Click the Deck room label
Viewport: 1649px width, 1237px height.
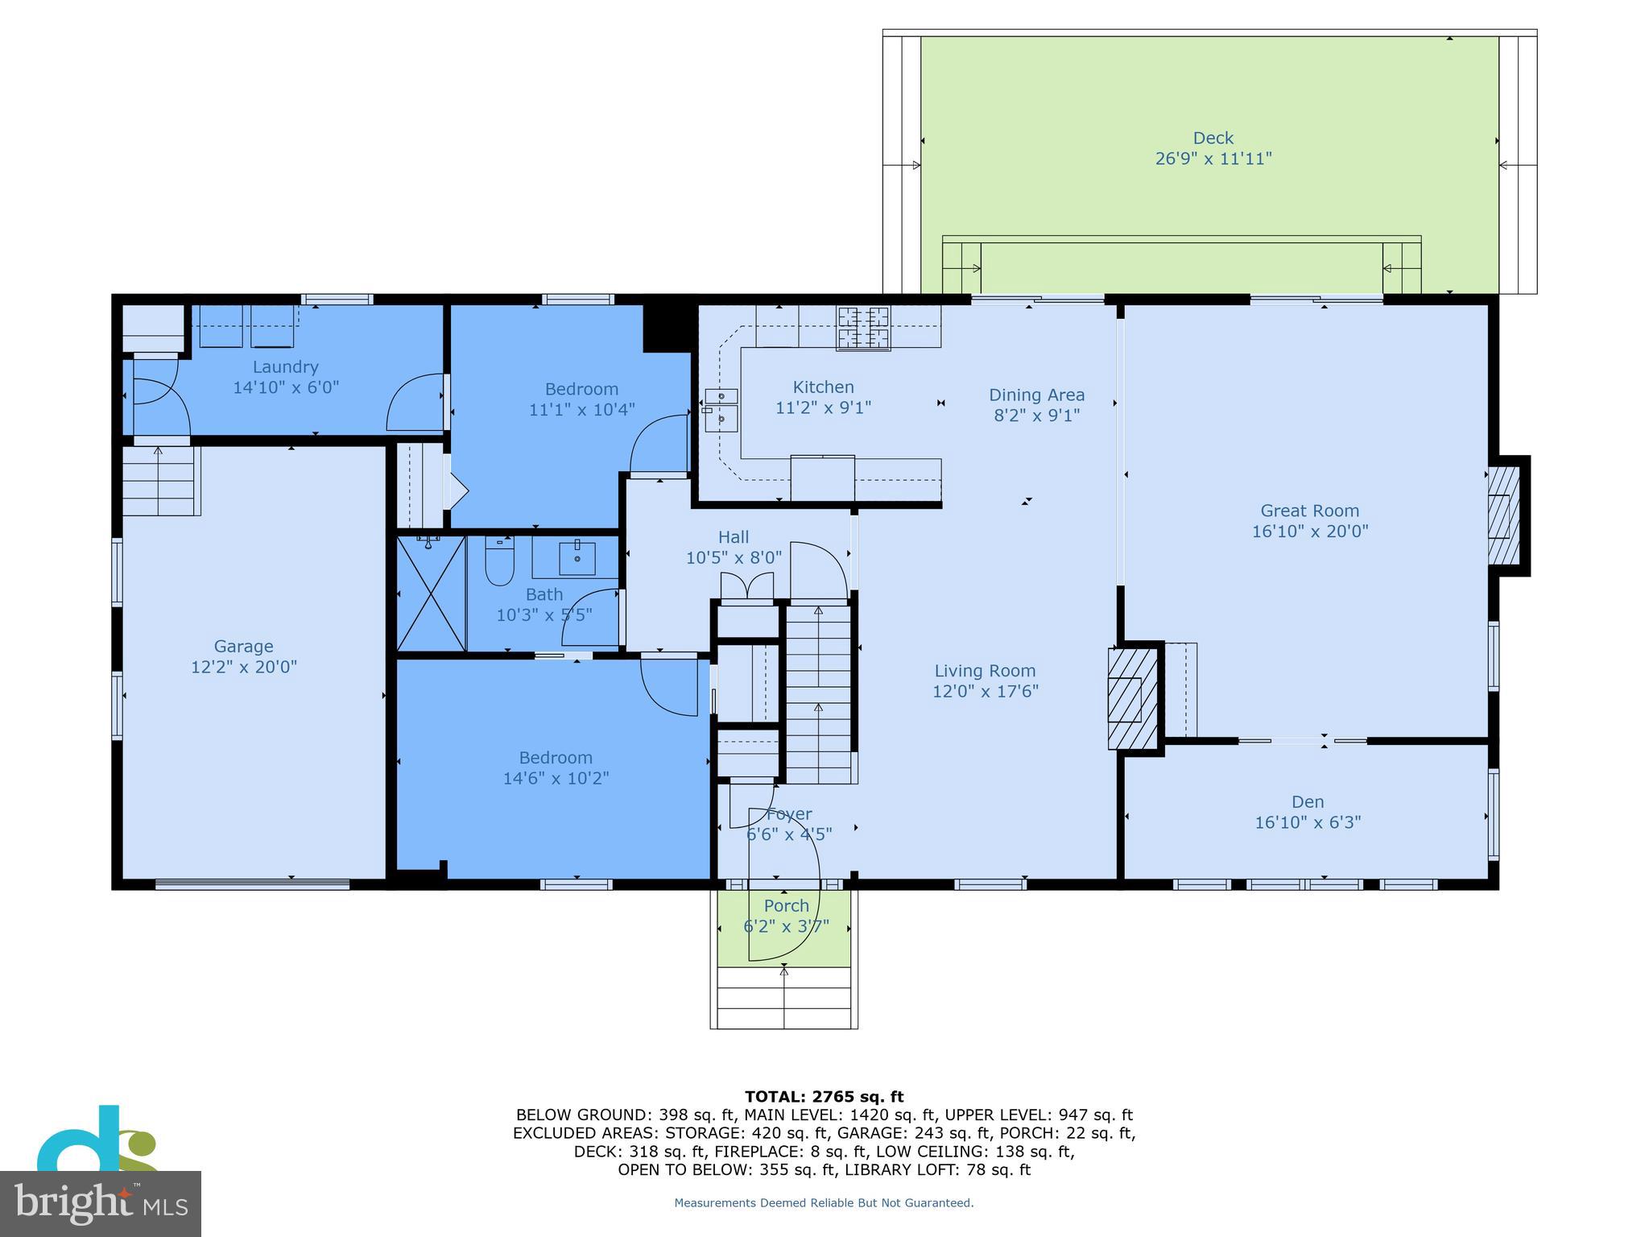[x=1213, y=139]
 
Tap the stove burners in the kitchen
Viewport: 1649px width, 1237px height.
[x=863, y=328]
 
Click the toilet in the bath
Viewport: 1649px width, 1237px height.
[x=499, y=561]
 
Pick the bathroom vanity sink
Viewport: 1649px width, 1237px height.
[x=577, y=557]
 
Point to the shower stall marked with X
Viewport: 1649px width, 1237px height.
[x=432, y=593]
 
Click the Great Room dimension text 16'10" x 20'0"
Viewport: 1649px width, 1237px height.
[x=1309, y=532]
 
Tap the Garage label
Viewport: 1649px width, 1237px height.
[x=243, y=646]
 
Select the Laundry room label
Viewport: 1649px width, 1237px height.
[x=285, y=367]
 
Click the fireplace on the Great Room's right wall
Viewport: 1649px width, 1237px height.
[x=1502, y=515]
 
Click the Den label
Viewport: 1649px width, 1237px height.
[x=1307, y=802]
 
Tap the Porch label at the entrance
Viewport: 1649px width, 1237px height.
[x=786, y=906]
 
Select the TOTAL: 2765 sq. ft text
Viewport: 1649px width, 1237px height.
[x=824, y=1096]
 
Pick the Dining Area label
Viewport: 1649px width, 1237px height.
[x=1035, y=395]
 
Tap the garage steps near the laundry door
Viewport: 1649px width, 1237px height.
[x=159, y=482]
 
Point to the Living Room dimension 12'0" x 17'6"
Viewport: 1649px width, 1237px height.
[x=985, y=691]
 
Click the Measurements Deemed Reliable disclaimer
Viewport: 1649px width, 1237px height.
[x=823, y=1203]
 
